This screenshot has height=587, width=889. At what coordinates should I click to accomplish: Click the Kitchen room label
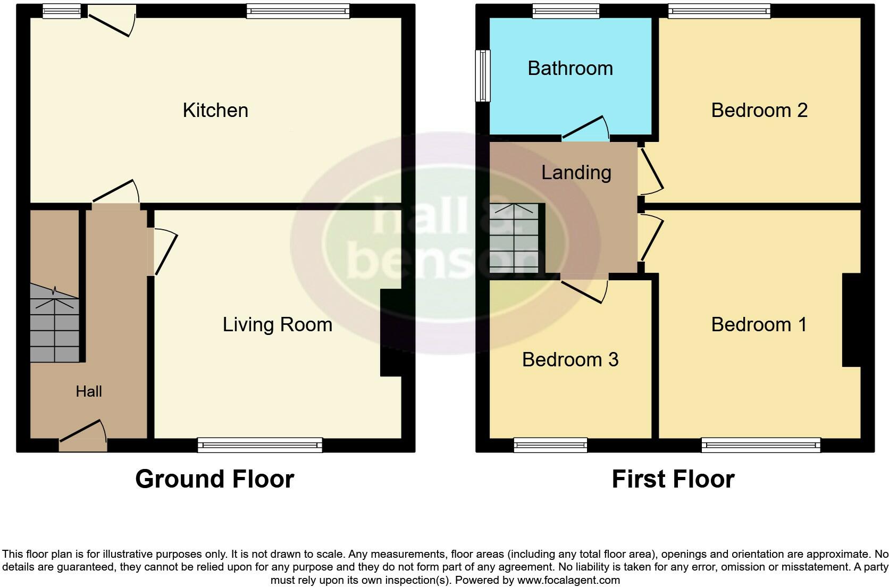coord(215,110)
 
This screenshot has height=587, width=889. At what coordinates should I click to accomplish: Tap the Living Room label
coord(277,324)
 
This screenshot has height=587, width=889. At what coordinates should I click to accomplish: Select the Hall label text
coord(89,392)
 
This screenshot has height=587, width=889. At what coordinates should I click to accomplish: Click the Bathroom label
coord(570,68)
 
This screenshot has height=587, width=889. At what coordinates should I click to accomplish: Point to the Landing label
coord(576,172)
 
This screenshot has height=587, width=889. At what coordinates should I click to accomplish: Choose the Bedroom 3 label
coord(570,359)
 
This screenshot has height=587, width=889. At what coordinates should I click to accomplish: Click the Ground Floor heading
coord(214,479)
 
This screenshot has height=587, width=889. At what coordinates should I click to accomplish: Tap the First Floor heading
coord(673,479)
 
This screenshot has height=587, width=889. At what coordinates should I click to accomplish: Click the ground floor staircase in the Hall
coord(54,324)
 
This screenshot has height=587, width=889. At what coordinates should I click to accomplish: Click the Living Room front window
coord(260,445)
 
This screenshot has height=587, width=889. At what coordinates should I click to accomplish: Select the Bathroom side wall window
coord(482,76)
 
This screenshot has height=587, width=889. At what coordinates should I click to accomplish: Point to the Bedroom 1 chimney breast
coord(851,320)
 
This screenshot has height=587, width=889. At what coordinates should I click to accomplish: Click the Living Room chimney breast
coord(391,332)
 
